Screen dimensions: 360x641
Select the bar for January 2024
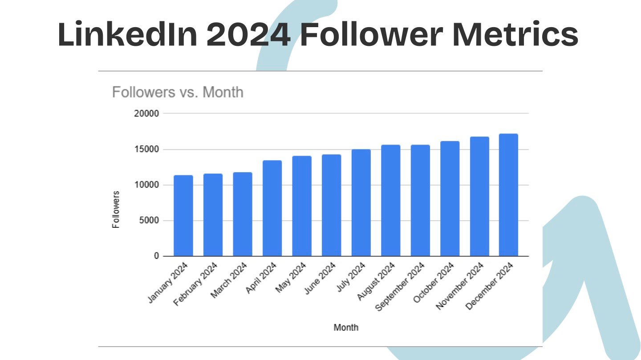183,216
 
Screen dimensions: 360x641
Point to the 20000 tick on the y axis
146,113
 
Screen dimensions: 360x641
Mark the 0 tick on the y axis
156,256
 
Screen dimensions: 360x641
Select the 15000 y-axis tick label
146,150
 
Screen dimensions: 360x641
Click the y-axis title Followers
116,210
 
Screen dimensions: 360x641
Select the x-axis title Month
346,328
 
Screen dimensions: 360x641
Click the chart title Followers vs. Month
178,93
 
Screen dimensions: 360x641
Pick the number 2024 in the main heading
248,35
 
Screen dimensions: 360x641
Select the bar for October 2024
450,198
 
